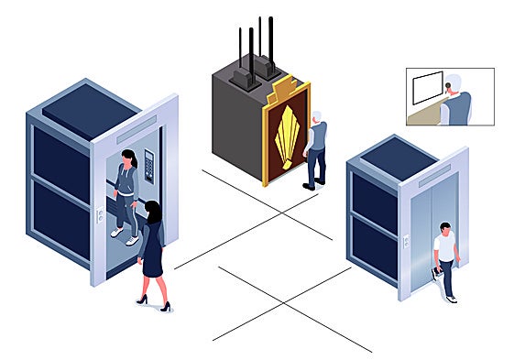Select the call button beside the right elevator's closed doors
[405, 240]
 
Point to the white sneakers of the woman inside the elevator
[124, 235]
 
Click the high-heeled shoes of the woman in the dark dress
[153, 302]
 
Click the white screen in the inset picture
[428, 89]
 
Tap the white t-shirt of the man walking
[445, 246]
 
